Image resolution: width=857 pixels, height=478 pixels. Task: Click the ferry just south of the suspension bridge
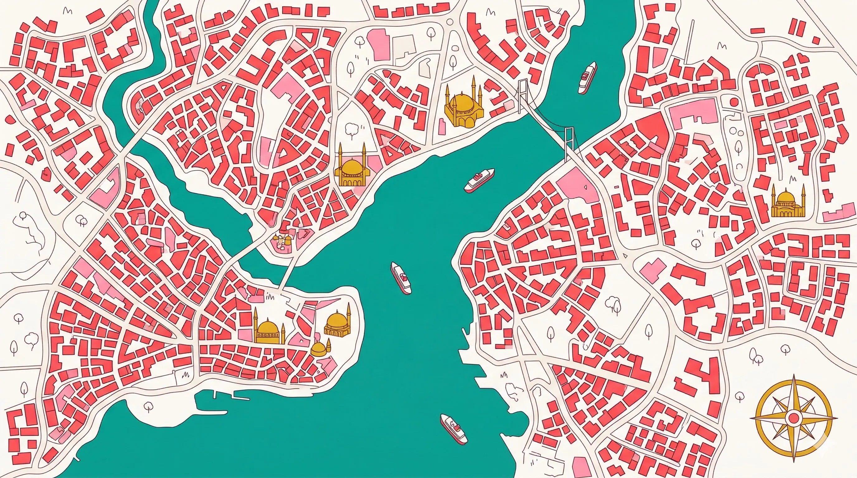(x=479, y=180)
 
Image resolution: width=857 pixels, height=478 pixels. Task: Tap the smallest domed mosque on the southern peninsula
(x=319, y=349)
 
